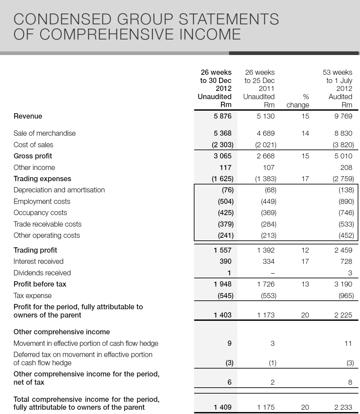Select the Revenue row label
tap(28, 116)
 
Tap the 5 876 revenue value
tap(222, 116)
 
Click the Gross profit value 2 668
tap(266, 156)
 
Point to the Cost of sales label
tap(33, 145)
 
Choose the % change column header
tap(298, 101)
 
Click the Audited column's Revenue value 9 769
tap(343, 116)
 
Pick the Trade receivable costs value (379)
tap(226, 224)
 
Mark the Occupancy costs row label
tap(40, 213)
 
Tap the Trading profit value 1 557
tap(222, 250)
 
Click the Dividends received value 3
tap(350, 273)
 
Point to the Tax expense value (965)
tap(346, 296)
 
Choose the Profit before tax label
tap(40, 284)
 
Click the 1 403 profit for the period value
tap(222, 315)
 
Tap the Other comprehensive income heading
tap(62, 332)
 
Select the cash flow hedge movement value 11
tap(348, 344)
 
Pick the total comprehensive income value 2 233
tap(343, 407)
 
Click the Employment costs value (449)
tap(269, 202)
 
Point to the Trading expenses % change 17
tap(305, 179)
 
